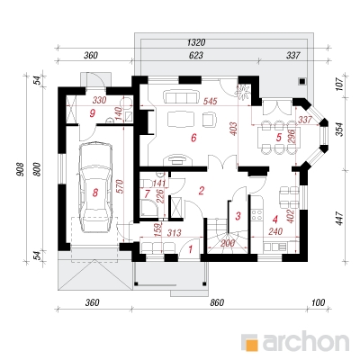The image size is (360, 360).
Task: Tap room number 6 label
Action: [193, 138]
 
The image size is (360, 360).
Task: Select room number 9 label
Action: [93, 113]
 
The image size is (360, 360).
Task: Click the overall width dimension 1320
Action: [196, 42]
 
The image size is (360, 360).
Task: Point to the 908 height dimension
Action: [19, 171]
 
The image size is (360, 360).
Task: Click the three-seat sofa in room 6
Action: [180, 97]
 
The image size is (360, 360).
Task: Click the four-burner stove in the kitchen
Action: [257, 214]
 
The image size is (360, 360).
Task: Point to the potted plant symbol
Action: [243, 90]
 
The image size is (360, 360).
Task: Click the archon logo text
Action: [306, 341]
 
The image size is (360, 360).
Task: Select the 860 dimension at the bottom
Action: [217, 302]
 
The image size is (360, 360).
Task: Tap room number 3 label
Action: [238, 216]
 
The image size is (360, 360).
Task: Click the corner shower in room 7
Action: [149, 208]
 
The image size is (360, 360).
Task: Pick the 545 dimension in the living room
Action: [210, 101]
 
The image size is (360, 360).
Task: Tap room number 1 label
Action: [190, 248]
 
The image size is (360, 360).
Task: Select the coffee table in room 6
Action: [180, 120]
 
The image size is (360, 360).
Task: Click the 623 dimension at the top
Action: [196, 55]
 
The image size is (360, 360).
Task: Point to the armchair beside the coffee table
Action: [210, 120]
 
